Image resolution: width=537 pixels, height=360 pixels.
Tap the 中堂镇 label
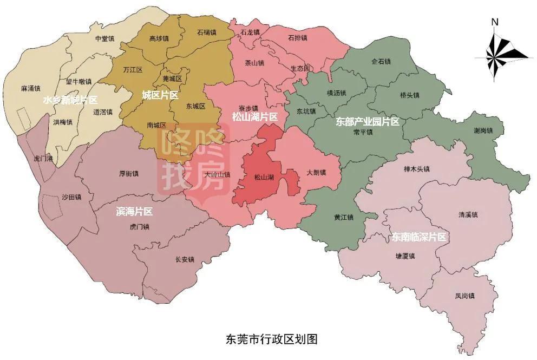[104, 39]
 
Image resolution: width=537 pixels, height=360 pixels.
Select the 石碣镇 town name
[207, 32]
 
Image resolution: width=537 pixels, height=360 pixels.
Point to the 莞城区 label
[172, 79]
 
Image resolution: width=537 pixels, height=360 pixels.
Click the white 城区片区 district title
[160, 95]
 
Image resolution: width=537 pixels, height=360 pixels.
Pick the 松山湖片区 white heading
[254, 117]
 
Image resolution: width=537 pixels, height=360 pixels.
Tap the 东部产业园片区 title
[368, 121]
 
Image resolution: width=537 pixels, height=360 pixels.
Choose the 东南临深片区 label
[419, 237]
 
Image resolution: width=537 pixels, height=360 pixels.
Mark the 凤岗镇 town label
[464, 296]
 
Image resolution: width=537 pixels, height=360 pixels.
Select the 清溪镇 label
[468, 215]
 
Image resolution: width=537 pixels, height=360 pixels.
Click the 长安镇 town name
[185, 260]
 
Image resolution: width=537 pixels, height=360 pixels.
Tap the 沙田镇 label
[71, 197]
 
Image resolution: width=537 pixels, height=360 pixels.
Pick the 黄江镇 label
[343, 218]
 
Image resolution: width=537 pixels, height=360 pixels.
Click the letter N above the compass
[494, 22]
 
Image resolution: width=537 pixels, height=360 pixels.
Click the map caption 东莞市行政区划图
[271, 339]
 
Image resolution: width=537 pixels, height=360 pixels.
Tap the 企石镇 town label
[381, 62]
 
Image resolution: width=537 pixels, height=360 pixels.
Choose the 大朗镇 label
[316, 173]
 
